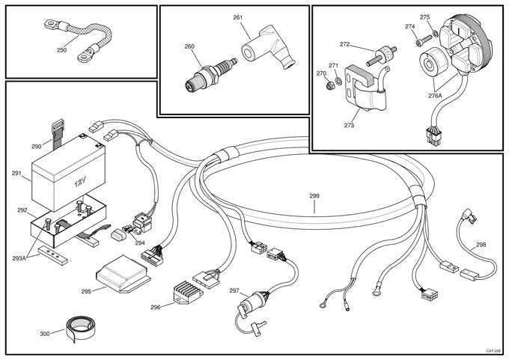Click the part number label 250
coord(61,50)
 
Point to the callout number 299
coord(314,196)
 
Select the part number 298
coord(481,245)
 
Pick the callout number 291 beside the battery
coord(16,174)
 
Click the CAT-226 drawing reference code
coord(492,351)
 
